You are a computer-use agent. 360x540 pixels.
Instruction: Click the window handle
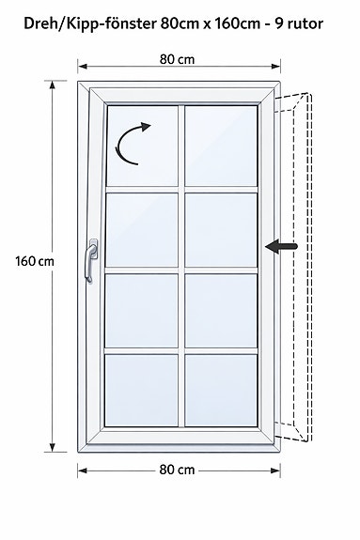(91, 260)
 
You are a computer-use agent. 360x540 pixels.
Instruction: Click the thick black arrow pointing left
(281, 246)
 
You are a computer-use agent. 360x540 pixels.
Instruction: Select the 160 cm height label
(35, 261)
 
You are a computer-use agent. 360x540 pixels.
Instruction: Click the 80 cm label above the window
(177, 59)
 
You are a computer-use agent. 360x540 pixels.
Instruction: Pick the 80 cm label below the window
(177, 470)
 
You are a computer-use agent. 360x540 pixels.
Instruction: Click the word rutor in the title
(305, 24)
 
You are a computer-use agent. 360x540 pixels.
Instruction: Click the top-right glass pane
(221, 146)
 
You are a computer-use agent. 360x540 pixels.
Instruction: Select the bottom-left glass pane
(141, 390)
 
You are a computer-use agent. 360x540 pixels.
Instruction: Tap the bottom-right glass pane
(221, 390)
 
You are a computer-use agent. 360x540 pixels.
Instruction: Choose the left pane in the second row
(141, 230)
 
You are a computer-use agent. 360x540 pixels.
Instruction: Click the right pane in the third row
(221, 311)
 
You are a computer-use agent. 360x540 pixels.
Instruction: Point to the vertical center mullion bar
(181, 266)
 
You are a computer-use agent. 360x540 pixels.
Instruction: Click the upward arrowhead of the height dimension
(53, 85)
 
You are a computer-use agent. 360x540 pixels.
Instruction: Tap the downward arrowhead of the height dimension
(53, 447)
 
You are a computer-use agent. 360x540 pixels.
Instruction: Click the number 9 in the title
(278, 23)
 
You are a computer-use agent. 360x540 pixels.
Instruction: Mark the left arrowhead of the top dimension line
(82, 66)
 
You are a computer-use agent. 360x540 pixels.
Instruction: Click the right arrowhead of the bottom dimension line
(275, 471)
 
